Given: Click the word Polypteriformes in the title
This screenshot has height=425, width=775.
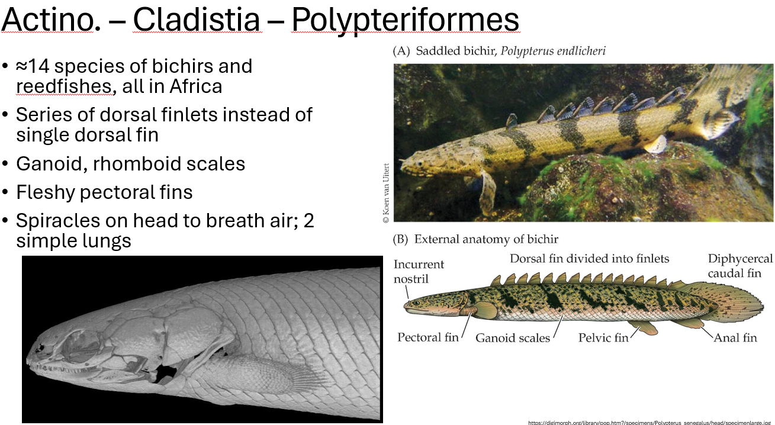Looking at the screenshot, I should click(405, 20).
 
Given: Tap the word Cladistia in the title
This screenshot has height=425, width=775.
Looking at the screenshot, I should click(196, 20).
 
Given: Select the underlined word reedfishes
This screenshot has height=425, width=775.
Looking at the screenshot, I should click(64, 86).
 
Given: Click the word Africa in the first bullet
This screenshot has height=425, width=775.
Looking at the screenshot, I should click(195, 86).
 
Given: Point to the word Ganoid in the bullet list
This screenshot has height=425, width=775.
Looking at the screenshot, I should click(51, 163).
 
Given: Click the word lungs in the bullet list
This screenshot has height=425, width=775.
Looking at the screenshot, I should click(108, 241).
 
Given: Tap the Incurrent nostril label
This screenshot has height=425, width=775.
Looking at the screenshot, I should click(419, 271).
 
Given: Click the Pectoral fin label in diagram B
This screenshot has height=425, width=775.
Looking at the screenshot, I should click(427, 337).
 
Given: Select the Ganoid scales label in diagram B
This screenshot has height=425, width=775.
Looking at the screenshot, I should click(513, 338).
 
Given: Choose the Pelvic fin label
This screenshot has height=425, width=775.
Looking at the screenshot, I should click(603, 338).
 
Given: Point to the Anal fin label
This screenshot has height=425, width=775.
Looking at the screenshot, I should click(735, 338).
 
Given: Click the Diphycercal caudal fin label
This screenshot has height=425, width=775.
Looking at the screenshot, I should click(740, 266).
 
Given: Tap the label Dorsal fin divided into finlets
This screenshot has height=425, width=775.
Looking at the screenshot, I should click(589, 259).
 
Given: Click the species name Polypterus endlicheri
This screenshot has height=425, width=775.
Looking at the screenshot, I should click(553, 51).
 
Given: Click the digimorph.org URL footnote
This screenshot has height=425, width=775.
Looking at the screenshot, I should click(650, 422).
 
